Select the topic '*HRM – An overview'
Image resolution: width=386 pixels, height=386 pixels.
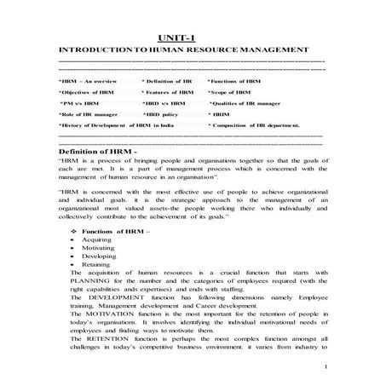click(85, 79)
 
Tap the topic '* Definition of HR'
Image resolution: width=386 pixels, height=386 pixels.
click(167, 79)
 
